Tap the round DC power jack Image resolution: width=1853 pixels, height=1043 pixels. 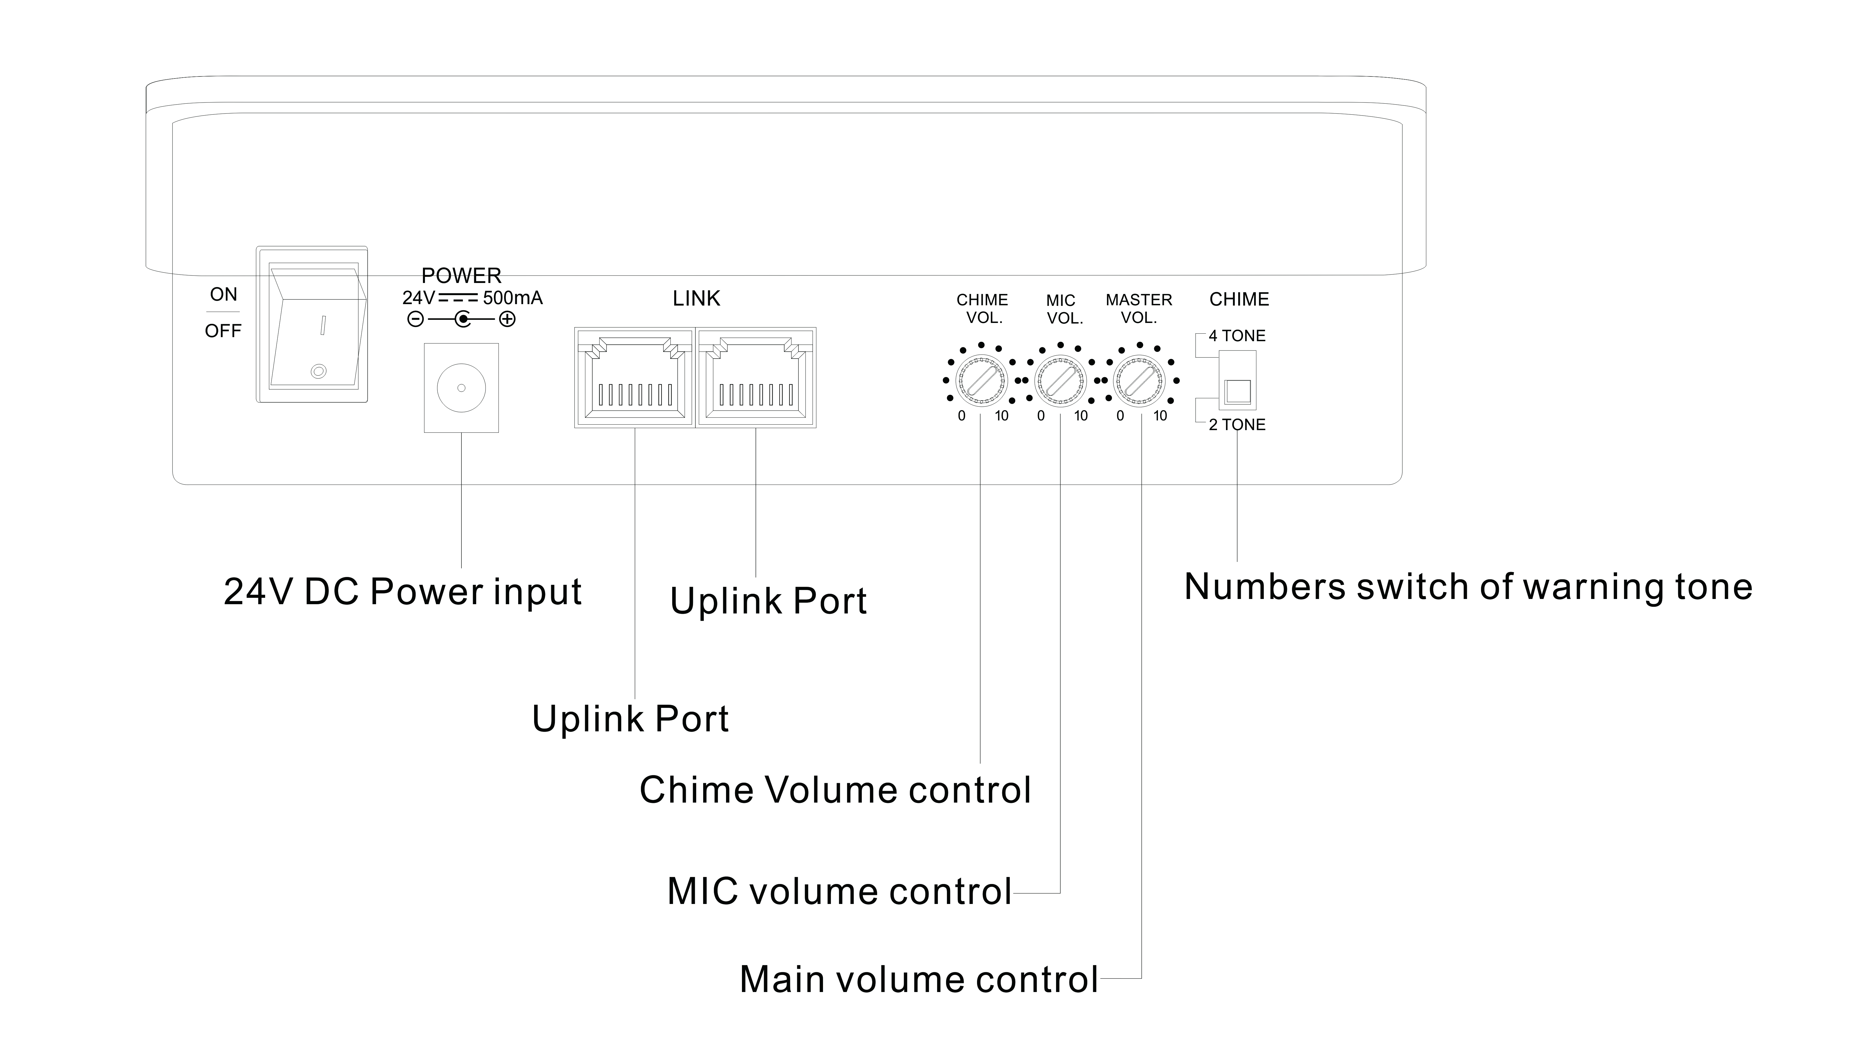[461, 388]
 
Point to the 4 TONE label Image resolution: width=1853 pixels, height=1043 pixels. [1237, 335]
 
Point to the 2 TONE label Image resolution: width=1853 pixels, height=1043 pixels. [1237, 425]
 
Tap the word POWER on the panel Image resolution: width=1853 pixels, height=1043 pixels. [461, 276]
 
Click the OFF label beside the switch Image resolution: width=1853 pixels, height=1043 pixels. [223, 331]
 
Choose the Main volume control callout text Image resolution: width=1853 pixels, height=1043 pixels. [919, 980]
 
